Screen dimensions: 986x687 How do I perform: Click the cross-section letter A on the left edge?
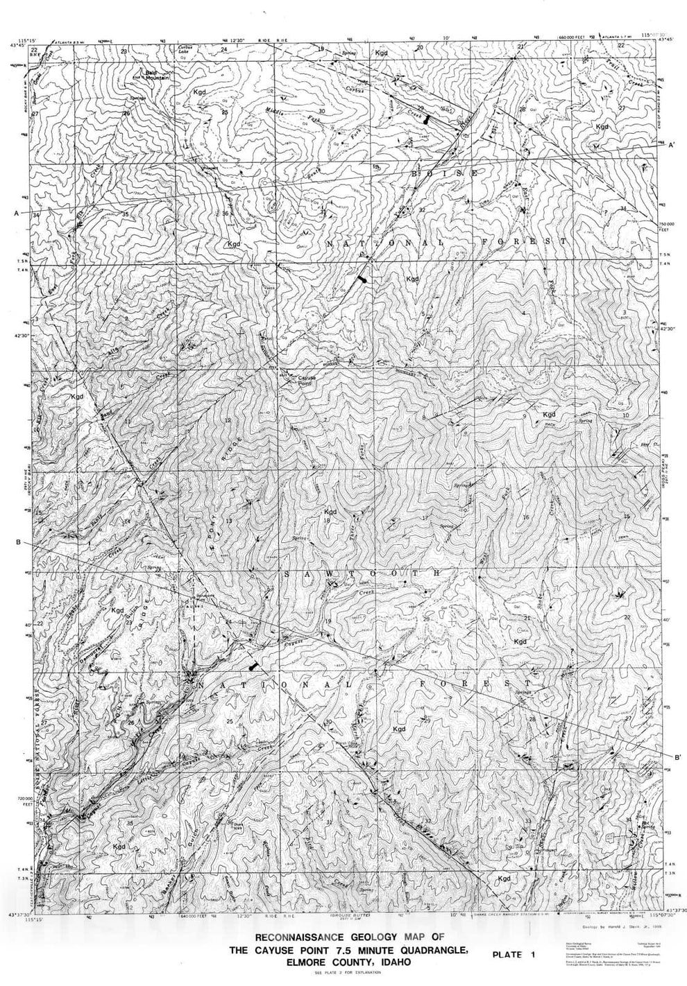pos(16,214)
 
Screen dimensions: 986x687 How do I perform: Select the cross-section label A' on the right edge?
pos(671,146)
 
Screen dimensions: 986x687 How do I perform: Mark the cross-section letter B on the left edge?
pos(16,542)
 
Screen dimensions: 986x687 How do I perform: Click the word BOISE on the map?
pos(444,172)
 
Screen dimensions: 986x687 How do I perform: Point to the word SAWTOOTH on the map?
pos(361,574)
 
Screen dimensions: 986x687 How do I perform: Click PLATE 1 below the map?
pos(514,955)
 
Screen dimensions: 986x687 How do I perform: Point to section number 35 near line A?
pos(125,215)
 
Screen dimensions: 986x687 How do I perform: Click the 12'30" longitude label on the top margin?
pos(237,40)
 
